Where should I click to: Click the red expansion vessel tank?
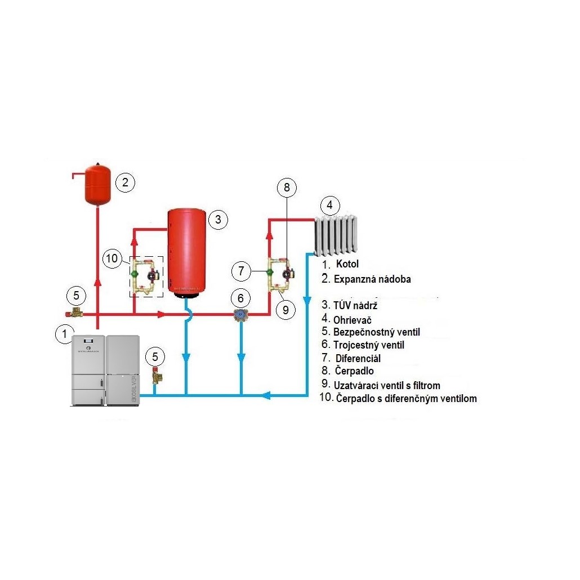pyautogui.click(x=97, y=184)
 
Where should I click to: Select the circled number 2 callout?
pyautogui.click(x=125, y=182)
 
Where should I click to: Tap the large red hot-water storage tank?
pyautogui.click(x=185, y=252)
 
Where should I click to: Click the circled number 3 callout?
pyautogui.click(x=218, y=220)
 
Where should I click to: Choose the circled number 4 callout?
pyautogui.click(x=330, y=204)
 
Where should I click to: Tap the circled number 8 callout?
pyautogui.click(x=286, y=188)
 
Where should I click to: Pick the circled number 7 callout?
pyautogui.click(x=241, y=271)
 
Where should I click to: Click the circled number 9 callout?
pyautogui.click(x=286, y=309)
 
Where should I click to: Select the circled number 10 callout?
pyautogui.click(x=113, y=258)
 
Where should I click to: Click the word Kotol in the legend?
pyautogui.click(x=347, y=264)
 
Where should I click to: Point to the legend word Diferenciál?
pyautogui.click(x=358, y=358)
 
